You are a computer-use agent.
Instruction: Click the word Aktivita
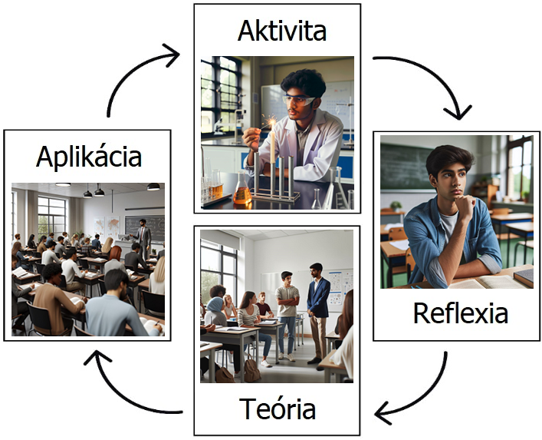click(x=281, y=31)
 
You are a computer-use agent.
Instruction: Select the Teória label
click(x=277, y=409)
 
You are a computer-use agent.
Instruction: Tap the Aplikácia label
click(x=89, y=157)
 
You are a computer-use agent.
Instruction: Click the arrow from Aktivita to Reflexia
click(x=429, y=81)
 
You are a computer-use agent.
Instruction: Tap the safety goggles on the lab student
click(x=300, y=100)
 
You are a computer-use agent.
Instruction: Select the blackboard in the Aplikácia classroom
click(x=145, y=227)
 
